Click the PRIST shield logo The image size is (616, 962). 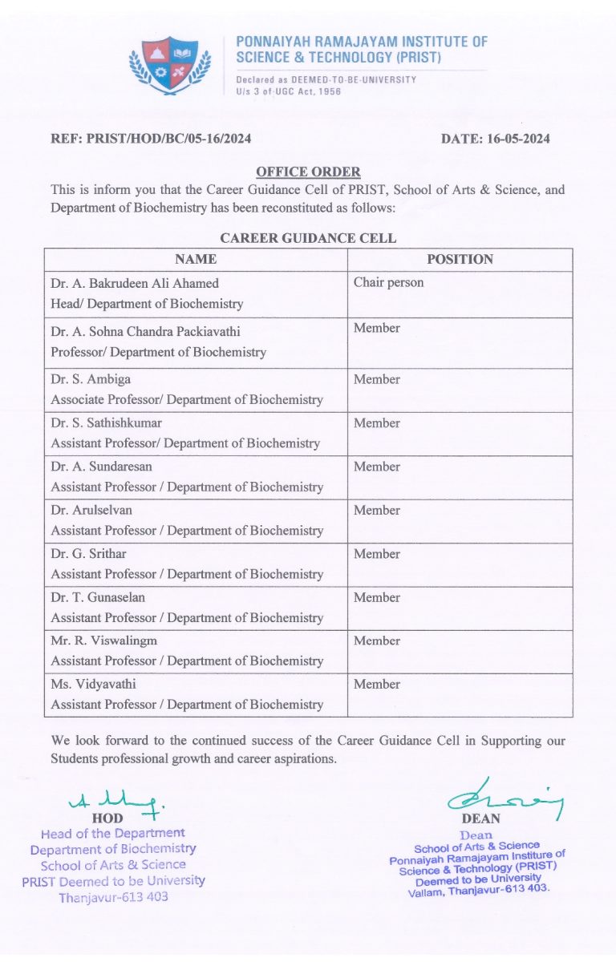(x=169, y=63)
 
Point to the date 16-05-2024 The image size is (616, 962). (x=496, y=139)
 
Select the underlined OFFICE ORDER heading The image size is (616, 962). (x=308, y=172)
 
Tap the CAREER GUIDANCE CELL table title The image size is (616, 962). (x=308, y=238)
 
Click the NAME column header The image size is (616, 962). (x=196, y=259)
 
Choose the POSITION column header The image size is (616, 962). (x=460, y=259)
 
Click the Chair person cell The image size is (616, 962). (x=388, y=282)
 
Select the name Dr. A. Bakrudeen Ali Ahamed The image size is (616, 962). (x=135, y=283)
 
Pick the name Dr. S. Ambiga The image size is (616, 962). (x=89, y=379)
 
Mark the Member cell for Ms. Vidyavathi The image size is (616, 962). (x=377, y=684)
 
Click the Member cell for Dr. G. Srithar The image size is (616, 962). (x=377, y=553)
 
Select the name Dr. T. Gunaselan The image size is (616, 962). (x=98, y=597)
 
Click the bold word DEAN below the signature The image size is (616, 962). (x=481, y=819)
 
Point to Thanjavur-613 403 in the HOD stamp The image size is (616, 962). (x=113, y=896)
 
